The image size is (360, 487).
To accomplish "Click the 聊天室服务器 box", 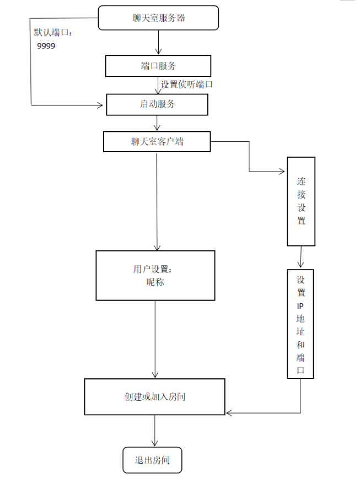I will click(x=158, y=18).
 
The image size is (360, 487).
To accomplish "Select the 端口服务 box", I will click(x=158, y=66).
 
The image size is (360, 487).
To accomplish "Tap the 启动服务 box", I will click(x=157, y=104).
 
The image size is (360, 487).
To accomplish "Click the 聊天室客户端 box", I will click(x=157, y=142).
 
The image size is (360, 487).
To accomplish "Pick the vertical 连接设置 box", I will click(x=301, y=201).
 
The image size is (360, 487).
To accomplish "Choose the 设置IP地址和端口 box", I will click(x=300, y=324).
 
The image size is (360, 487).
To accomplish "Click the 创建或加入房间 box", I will click(x=154, y=397).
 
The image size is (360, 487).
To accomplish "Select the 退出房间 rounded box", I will click(x=152, y=461).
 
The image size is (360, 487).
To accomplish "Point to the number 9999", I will click(x=46, y=46).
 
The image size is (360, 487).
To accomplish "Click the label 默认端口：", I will click(x=53, y=33).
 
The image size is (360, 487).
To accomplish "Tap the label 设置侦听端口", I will click(x=187, y=84).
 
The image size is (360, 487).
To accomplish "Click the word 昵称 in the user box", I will click(x=155, y=282).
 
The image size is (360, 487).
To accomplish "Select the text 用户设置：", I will click(x=153, y=270).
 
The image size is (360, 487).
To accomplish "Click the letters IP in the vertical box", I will click(x=300, y=306).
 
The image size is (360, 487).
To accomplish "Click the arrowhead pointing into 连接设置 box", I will click(x=283, y=172).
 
